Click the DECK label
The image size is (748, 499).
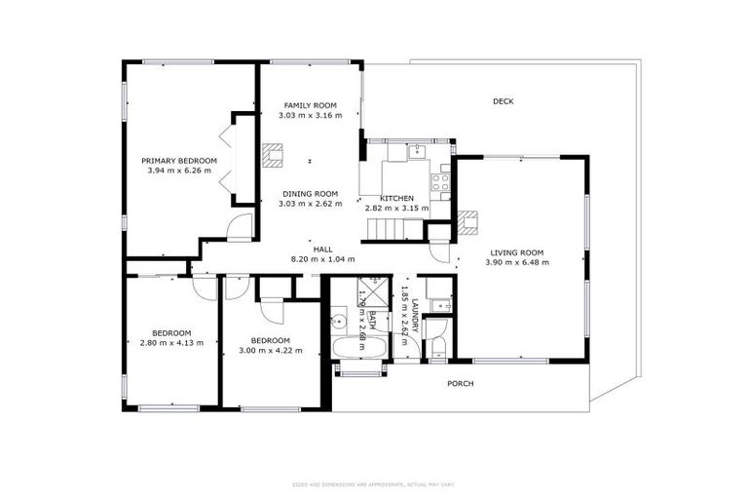tap(503, 101)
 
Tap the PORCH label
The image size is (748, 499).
tap(460, 384)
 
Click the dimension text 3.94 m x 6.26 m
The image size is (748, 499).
tap(178, 171)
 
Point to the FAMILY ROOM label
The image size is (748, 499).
tap(310, 104)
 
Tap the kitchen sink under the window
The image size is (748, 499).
tap(417, 150)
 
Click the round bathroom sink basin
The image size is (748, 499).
tap(340, 317)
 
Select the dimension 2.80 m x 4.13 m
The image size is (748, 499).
tap(170, 342)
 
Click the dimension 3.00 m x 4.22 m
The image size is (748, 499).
tap(271, 350)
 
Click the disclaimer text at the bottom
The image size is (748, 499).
tap(373, 484)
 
